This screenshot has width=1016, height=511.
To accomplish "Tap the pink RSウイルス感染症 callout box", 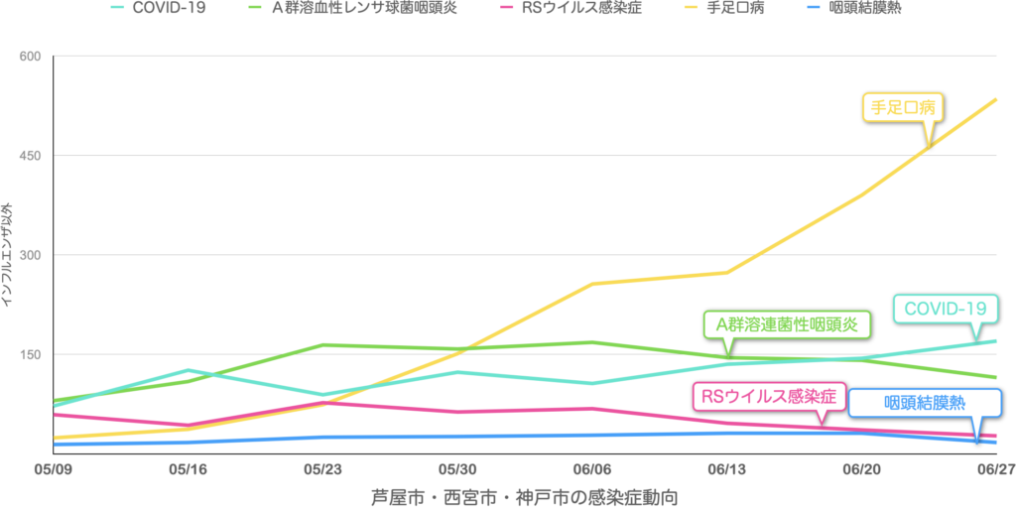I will [x=769, y=397].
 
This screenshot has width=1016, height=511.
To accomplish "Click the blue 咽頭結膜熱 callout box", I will [x=925, y=403].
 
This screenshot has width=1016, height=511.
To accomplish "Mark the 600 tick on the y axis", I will [x=30, y=56].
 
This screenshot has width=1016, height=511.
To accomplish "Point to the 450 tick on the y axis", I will [x=30, y=156].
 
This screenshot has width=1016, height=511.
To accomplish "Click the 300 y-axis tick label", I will [x=30, y=255].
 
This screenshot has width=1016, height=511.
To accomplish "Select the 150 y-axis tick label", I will [x=30, y=354].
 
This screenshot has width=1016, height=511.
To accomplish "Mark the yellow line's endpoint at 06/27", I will [x=996, y=98].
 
